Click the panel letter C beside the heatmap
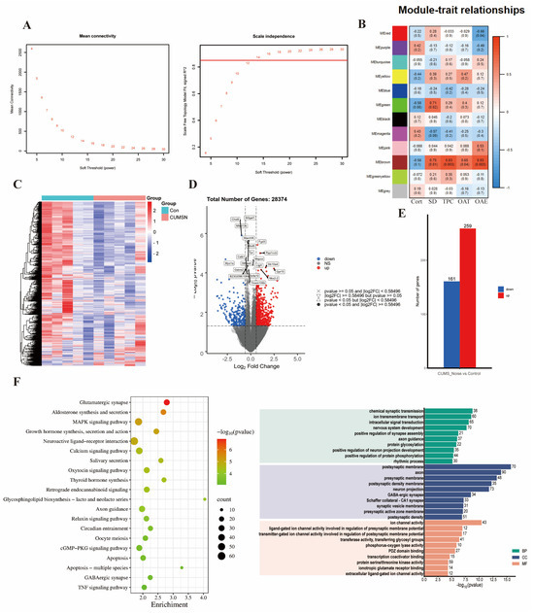8,184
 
